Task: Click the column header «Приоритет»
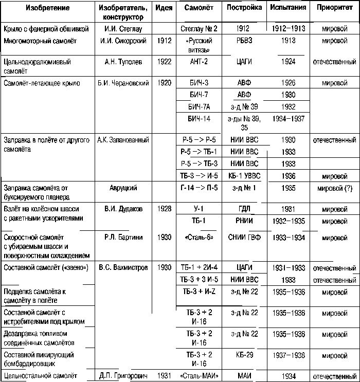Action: pos(334,8)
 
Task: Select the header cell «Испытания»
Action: pos(288,8)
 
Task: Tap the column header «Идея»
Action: pos(163,8)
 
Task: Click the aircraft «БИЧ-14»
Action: pos(200,119)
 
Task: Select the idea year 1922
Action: pos(163,62)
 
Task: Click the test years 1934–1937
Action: pos(288,119)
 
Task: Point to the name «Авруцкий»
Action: pos(123,188)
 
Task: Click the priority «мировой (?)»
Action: pos(334,188)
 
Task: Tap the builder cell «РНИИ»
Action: pos(244,221)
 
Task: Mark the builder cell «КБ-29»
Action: pos(244,355)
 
